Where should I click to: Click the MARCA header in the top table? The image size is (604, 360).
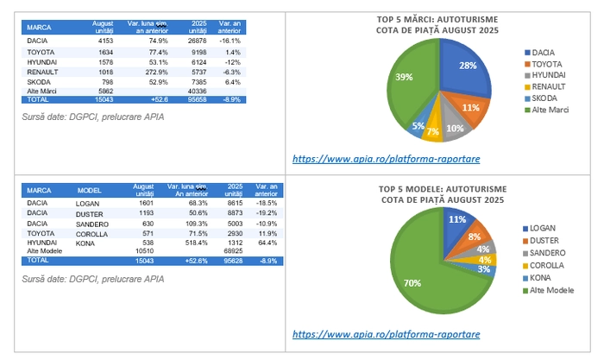point(39,26)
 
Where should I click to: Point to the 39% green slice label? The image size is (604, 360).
point(403,78)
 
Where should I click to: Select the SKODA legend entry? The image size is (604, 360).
point(544,98)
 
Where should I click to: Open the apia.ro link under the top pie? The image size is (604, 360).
point(386,159)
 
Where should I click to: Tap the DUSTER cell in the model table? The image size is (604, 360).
point(90,213)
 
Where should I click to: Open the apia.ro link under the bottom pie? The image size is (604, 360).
point(386,334)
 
